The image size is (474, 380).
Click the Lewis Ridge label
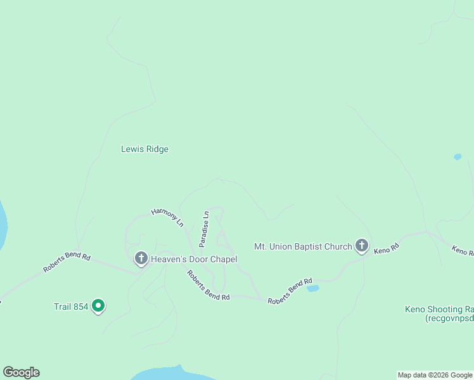144,149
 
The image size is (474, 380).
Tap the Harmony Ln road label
167,217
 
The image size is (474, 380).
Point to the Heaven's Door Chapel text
193,259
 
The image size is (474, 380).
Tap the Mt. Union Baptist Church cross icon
362,245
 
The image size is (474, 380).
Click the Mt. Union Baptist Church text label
302,246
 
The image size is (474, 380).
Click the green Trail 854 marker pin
98,306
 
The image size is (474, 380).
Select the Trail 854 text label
70,307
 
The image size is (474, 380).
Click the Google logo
21,372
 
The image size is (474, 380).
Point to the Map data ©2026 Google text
435,375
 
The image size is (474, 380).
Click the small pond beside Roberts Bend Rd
312,289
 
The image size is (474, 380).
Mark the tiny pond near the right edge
458,157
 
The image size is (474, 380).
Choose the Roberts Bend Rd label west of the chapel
67,263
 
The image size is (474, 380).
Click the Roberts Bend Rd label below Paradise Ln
208,286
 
